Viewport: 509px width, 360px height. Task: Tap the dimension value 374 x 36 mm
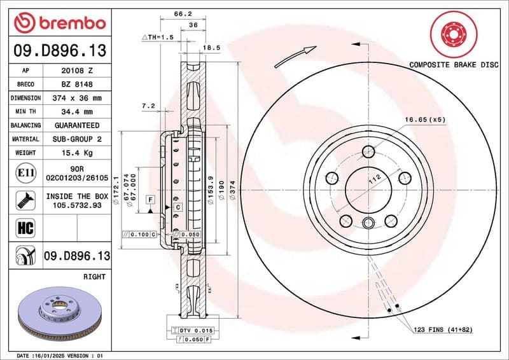point(77,99)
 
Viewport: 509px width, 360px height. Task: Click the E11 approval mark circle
point(24,172)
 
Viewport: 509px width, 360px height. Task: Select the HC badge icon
point(24,227)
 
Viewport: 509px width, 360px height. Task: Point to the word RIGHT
point(94,277)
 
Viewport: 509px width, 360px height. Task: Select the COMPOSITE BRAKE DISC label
point(452,65)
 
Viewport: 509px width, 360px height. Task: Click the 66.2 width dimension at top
point(183,13)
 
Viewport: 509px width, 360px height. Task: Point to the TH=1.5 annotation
point(157,38)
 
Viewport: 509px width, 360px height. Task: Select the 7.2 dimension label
point(148,106)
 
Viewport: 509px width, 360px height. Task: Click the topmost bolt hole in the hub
point(368,151)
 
